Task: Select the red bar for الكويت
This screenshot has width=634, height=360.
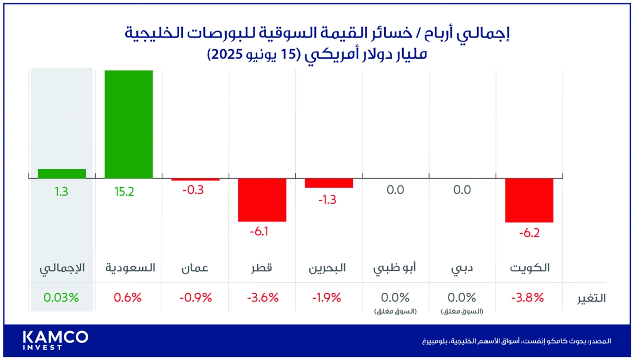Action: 529,200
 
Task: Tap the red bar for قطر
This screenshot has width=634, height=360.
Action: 262,199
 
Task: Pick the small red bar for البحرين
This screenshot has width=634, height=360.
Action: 329,183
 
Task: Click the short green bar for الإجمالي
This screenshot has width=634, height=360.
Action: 62,173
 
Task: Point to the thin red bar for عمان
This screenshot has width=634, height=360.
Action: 195,180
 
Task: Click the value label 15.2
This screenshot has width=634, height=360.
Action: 124,192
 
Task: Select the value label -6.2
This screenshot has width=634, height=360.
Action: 529,233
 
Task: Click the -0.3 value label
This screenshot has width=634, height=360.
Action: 192,190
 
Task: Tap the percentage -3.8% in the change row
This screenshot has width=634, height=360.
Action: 528,297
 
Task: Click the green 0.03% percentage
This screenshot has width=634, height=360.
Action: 62,297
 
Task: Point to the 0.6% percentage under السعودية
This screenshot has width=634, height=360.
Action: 128,297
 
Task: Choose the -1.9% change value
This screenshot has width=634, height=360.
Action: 328,297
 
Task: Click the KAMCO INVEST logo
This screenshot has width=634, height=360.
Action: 55,340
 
